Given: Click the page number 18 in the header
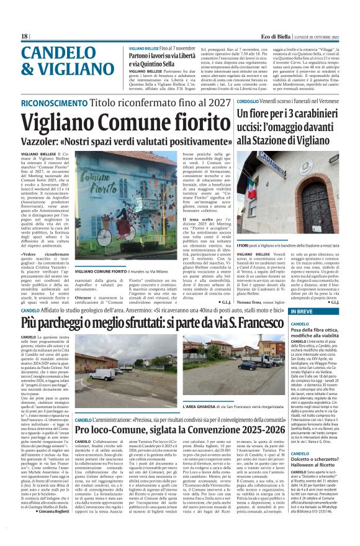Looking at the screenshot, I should pyautogui.click(x=24, y=36).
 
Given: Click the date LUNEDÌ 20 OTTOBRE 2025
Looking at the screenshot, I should pyautogui.click(x=320, y=36).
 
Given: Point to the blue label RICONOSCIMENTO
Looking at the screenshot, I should pyautogui.click(x=45, y=102).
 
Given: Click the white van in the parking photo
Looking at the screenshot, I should pyautogui.click(x=102, y=374).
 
